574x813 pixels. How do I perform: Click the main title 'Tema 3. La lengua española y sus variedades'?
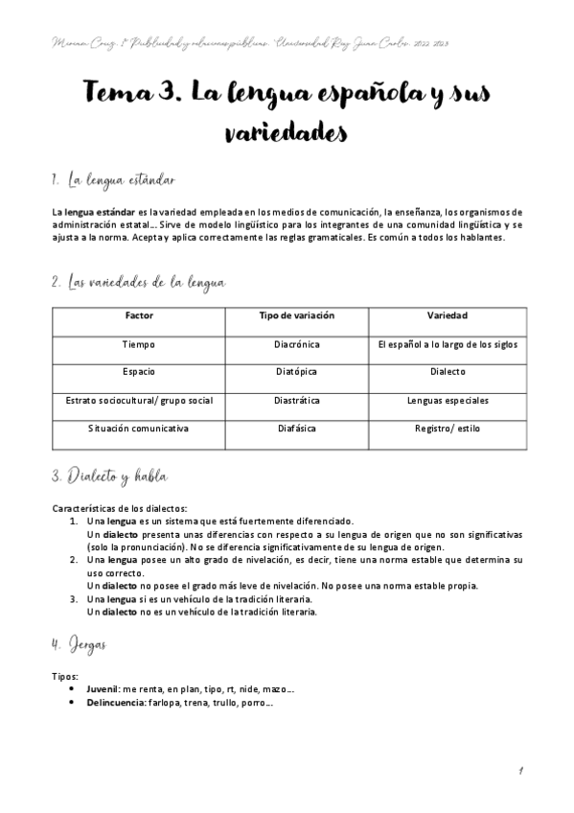[287, 114]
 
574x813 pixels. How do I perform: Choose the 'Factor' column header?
[139, 315]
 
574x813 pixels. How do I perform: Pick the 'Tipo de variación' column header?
[297, 315]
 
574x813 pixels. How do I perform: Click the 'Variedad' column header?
[448, 315]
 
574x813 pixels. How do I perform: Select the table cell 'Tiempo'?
[139, 343]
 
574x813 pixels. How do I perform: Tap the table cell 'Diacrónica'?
[297, 343]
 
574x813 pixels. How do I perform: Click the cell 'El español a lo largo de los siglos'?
[448, 343]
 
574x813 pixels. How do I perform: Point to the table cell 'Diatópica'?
[297, 371]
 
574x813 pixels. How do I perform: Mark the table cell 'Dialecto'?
[448, 371]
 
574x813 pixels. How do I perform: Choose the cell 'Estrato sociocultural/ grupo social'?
[139, 400]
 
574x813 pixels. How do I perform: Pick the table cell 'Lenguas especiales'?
[448, 400]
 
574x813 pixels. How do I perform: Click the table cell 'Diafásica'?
[297, 428]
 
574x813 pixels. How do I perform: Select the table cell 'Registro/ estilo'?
[448, 428]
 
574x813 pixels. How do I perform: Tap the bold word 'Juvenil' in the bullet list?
[102, 688]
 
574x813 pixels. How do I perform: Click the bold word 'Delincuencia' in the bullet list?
[115, 702]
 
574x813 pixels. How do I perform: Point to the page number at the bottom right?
[518, 770]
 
